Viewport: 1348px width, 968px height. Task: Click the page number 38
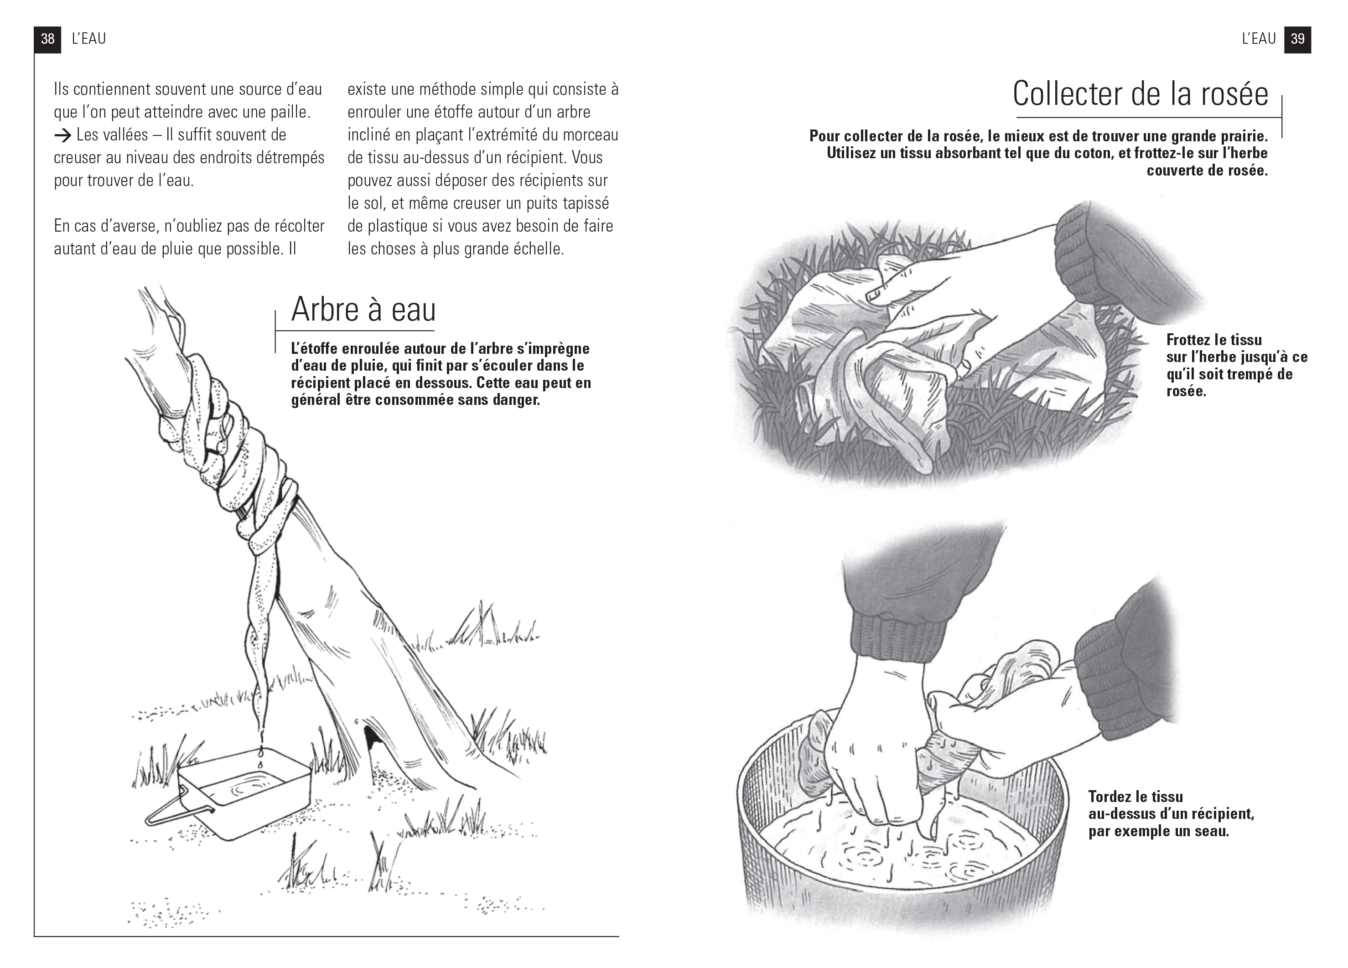coord(47,39)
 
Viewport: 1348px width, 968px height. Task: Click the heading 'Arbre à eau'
coord(363,310)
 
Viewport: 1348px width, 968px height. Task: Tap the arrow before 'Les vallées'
coord(62,135)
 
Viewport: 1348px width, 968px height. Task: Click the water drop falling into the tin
coord(260,760)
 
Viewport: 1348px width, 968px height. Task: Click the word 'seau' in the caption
coord(1211,831)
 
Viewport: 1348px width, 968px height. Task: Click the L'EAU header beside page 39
coord(1258,39)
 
